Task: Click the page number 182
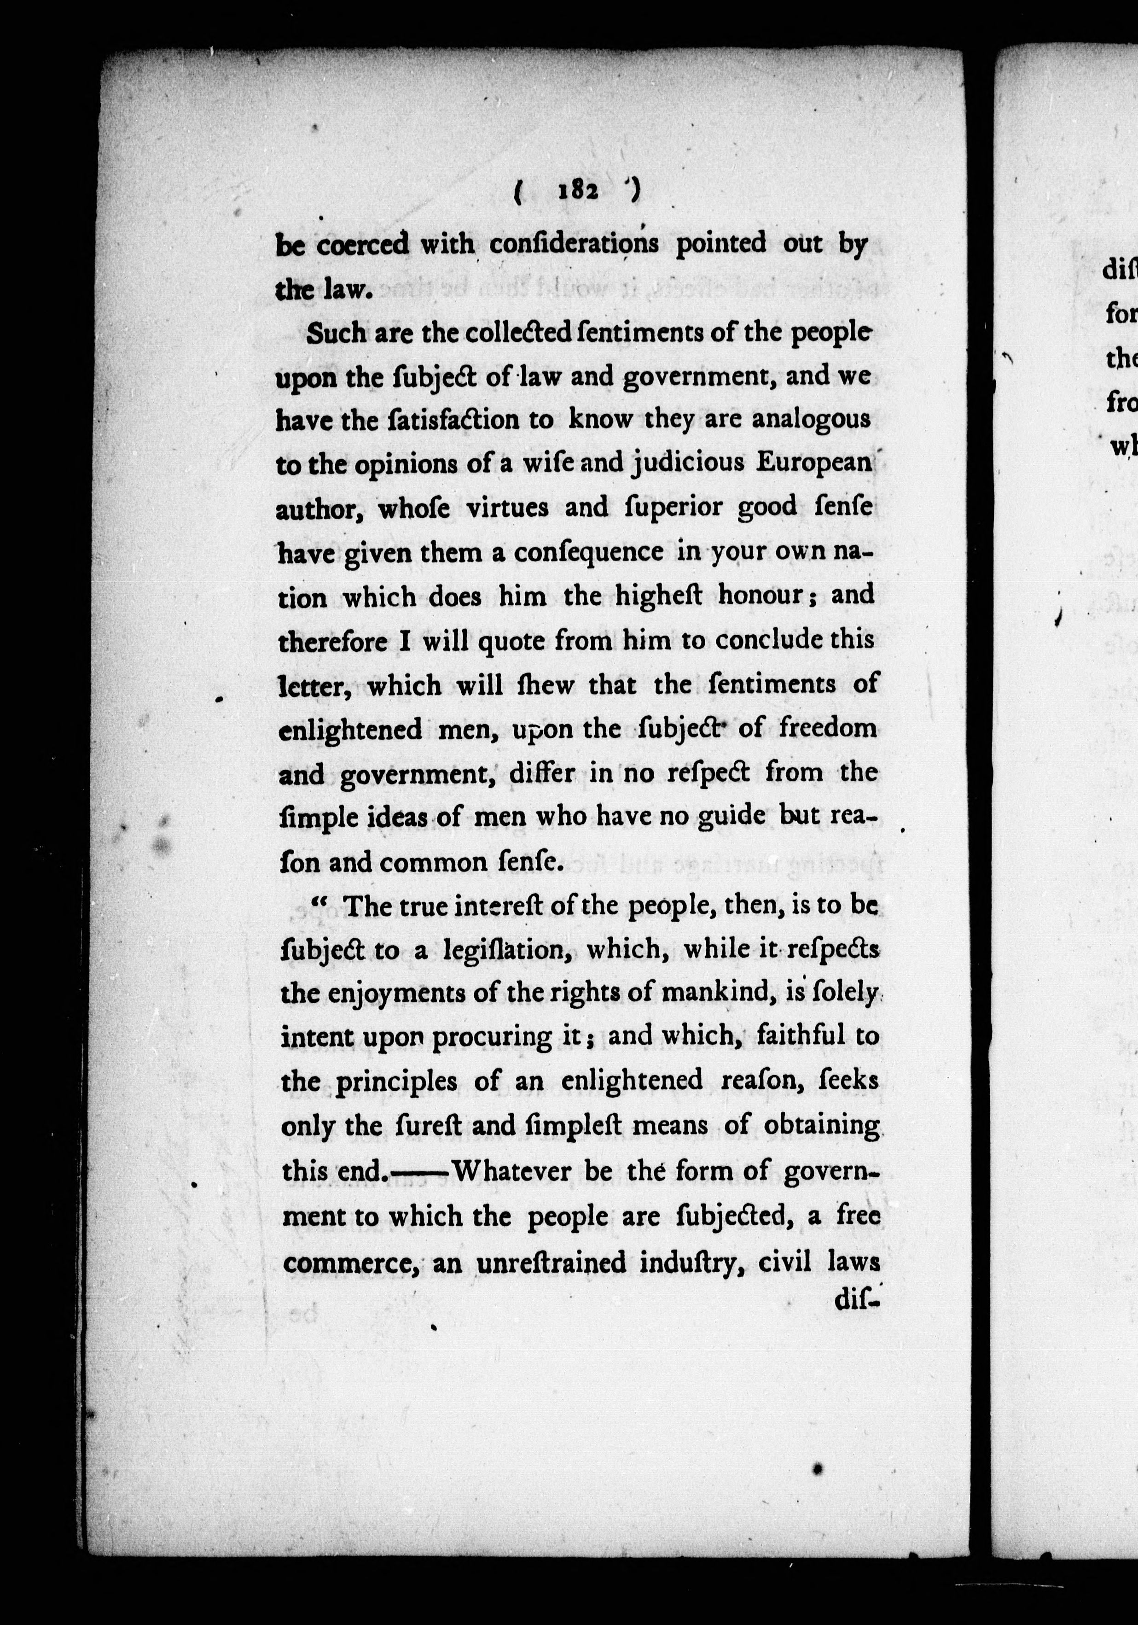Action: click(579, 191)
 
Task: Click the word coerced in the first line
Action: click(363, 246)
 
